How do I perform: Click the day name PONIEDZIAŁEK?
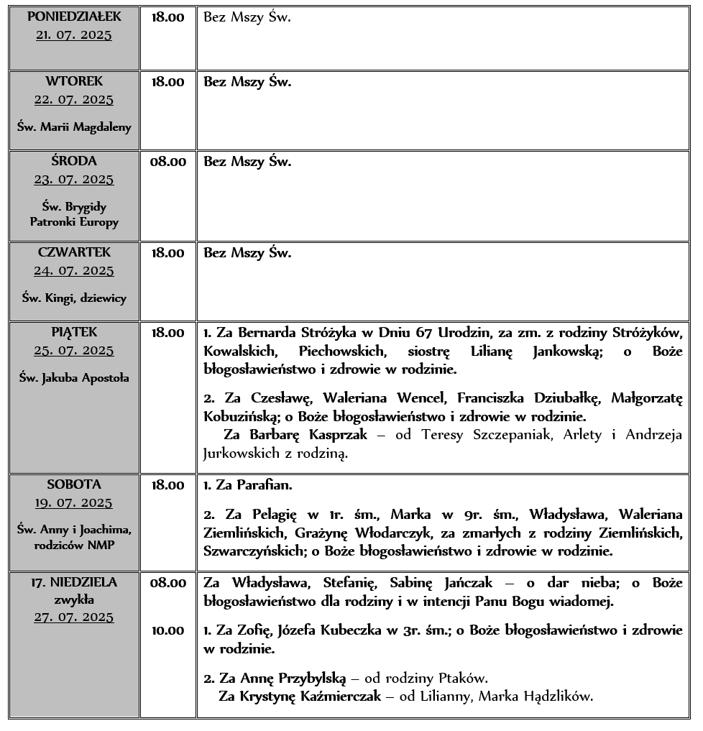click(74, 16)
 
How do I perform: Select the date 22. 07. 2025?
click(74, 100)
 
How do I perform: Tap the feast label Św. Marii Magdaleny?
click(74, 127)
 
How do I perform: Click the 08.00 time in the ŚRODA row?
click(167, 162)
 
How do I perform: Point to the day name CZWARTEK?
click(74, 253)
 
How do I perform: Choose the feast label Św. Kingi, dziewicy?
click(74, 298)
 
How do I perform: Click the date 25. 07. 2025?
click(74, 351)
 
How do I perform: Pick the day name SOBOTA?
click(74, 484)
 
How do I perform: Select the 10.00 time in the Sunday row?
click(167, 631)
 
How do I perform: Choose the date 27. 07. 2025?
click(74, 617)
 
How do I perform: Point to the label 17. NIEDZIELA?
click(74, 582)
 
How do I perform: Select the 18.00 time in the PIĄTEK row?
click(167, 333)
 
